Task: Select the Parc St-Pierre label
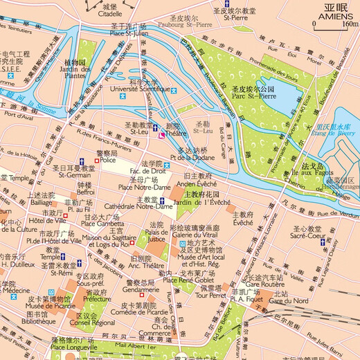pyautogui.click(x=251, y=97)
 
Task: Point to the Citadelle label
pyautogui.click(x=113, y=12)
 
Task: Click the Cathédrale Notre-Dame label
pyautogui.click(x=144, y=206)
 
